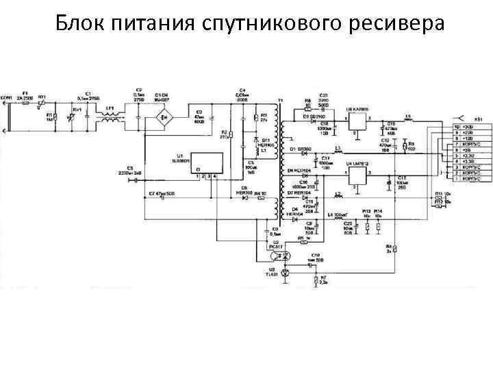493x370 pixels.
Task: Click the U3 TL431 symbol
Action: pos(286,271)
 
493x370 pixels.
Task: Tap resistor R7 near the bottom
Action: pos(315,280)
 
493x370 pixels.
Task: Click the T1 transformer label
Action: pos(279,100)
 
